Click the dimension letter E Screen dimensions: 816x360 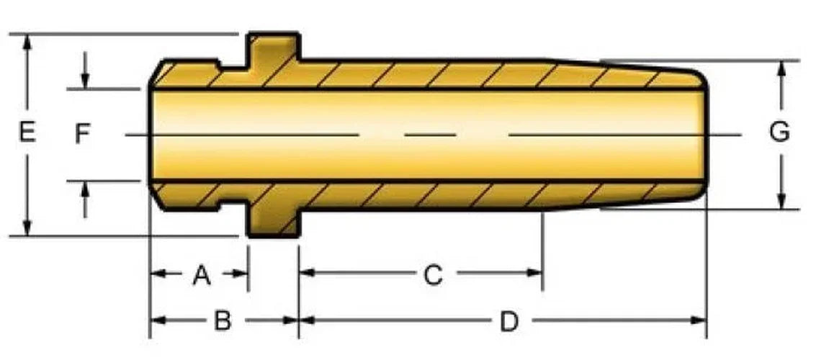point(27,132)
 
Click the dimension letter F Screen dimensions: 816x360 point(83,134)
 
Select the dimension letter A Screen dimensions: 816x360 point(202,275)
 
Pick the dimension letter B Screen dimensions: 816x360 point(223,322)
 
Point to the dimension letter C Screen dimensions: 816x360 point(433,275)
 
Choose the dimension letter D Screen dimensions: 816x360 point(509,322)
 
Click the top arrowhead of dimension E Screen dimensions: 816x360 point(27,42)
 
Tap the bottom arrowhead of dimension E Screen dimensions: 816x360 point(27,228)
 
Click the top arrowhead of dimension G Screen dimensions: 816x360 point(781,69)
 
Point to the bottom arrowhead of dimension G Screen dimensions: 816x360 point(781,201)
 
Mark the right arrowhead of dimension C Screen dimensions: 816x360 point(534,272)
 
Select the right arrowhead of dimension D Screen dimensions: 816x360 point(698,320)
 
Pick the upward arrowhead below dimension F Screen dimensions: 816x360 point(86,189)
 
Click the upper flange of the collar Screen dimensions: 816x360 point(274,48)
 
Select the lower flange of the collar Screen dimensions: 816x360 point(273,222)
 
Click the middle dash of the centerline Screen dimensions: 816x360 point(431,135)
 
